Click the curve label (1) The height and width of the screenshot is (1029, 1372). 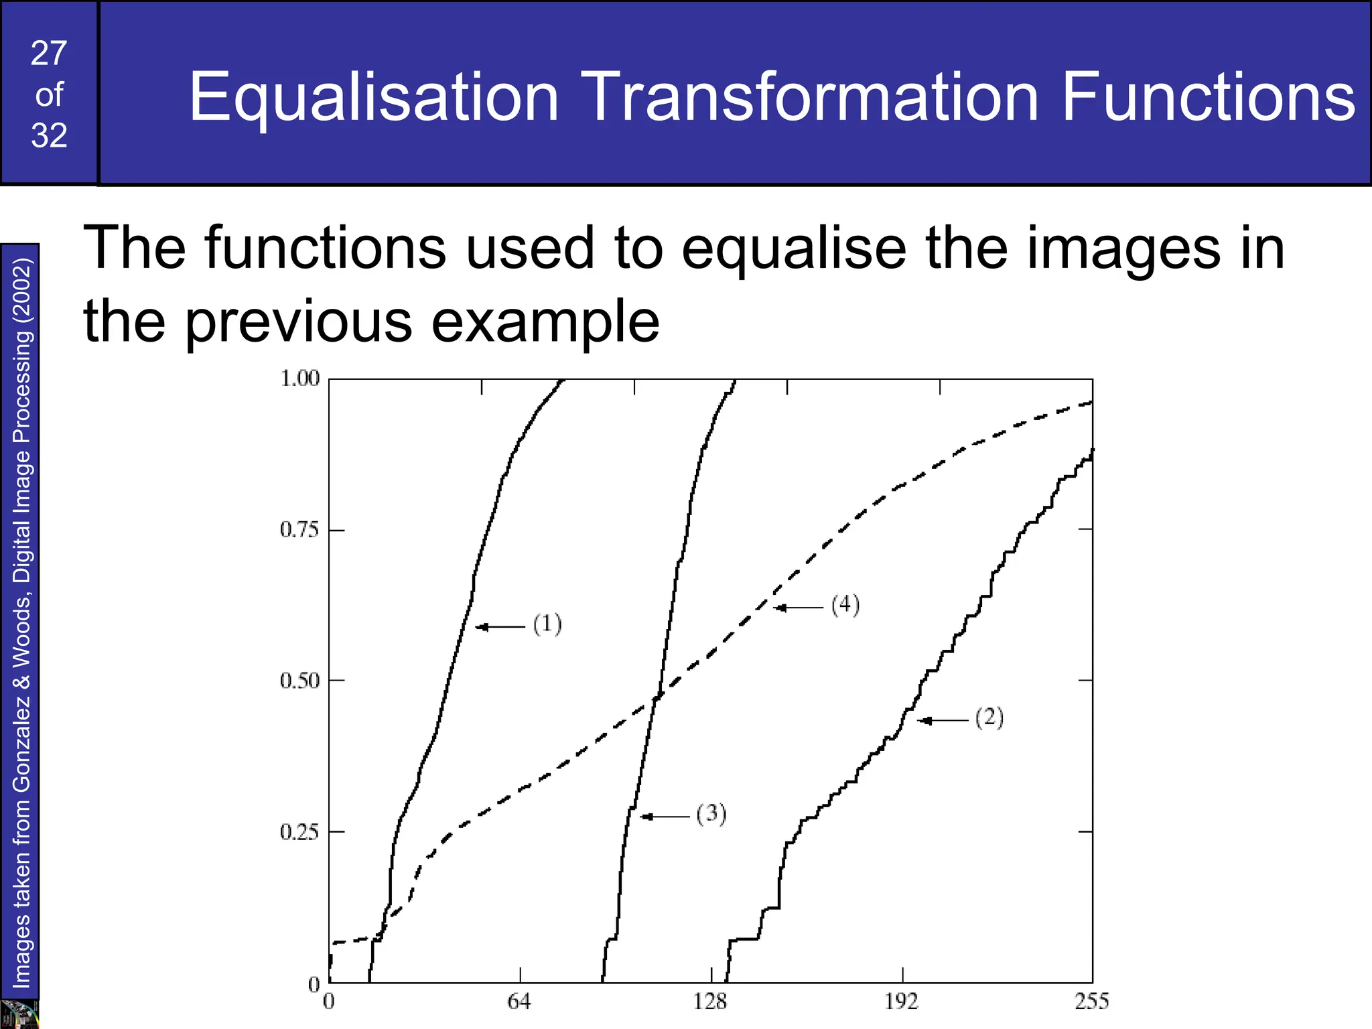pos(547,624)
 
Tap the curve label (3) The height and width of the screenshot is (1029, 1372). pos(711,814)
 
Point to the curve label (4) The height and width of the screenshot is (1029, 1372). pos(845,605)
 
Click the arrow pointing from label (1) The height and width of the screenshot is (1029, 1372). pos(500,627)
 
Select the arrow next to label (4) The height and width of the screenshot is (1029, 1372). pos(799,608)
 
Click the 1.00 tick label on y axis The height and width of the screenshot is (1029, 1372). pos(299,379)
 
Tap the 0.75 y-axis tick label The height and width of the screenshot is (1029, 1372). pos(299,530)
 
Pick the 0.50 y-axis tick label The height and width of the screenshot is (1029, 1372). pos(299,681)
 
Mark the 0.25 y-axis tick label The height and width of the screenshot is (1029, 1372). pos(299,833)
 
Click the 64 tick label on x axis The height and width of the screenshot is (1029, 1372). pos(519,1002)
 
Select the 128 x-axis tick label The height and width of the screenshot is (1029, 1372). pos(710,1002)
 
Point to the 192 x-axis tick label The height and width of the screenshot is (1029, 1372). pos(901,1002)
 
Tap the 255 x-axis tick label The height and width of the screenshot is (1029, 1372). pos(1091,1002)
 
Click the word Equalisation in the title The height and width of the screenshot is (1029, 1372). pos(373,98)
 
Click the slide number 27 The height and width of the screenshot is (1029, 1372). pos(49,54)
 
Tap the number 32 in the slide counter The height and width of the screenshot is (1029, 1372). pos(49,136)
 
